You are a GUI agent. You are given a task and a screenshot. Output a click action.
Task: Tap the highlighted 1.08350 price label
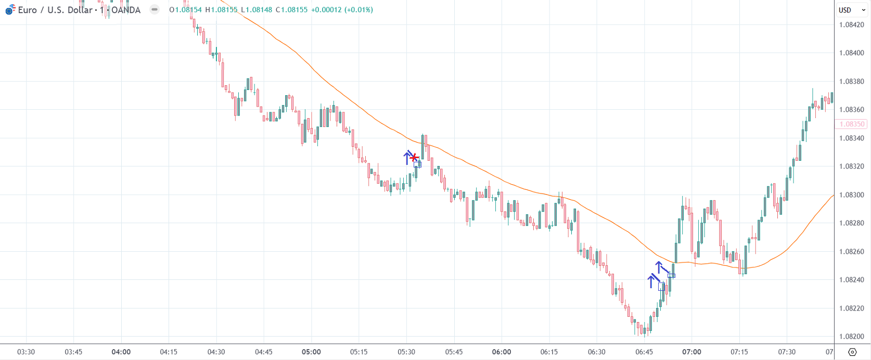point(852,124)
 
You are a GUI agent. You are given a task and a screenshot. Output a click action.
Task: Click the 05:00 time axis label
point(311,352)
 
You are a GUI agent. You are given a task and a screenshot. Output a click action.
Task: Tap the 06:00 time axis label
point(502,352)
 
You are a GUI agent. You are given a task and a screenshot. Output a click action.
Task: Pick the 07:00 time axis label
point(691,352)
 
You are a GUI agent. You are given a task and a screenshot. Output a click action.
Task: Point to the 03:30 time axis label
point(26,352)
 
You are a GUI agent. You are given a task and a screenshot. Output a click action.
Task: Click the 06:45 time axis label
point(644,352)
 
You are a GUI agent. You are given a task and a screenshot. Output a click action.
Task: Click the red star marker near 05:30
point(414,158)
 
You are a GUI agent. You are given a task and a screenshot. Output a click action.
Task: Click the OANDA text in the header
point(126,10)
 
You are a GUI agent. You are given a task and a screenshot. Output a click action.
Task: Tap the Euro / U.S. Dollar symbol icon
point(10,10)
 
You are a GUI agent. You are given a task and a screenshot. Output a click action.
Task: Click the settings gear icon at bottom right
point(852,352)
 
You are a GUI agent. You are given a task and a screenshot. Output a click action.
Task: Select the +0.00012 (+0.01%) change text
point(342,10)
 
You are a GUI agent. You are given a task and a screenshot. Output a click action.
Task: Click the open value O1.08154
point(185,10)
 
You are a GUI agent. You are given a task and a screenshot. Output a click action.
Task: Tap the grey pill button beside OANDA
point(155,9)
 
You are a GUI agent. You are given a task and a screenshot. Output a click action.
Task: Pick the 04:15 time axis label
point(169,352)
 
